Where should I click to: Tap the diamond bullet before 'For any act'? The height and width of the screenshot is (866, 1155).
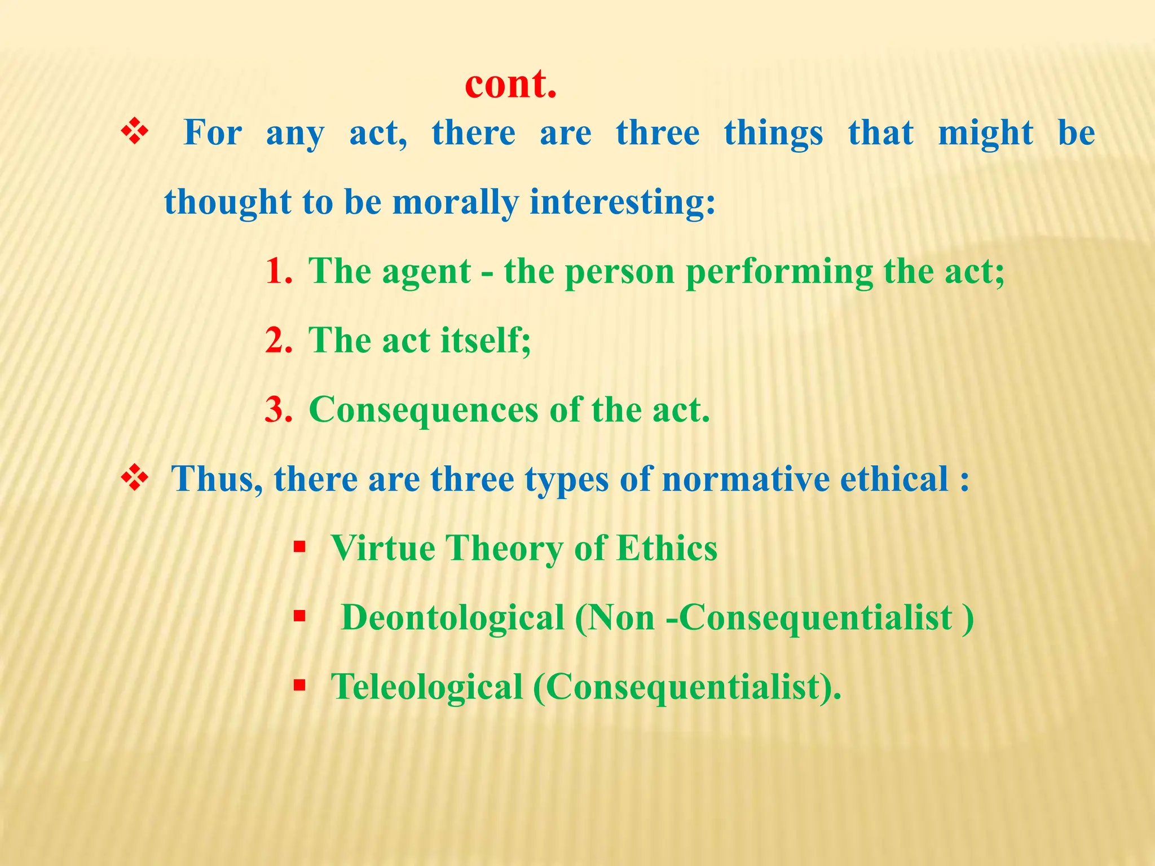[x=135, y=133]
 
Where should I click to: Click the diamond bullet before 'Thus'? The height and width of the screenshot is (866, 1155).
[x=135, y=479]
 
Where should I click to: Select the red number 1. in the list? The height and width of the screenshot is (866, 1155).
[x=279, y=272]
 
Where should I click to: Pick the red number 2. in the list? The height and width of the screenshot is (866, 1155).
[x=279, y=341]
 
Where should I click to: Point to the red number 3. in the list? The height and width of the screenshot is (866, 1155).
[x=279, y=410]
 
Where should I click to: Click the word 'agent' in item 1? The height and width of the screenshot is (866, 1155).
[x=426, y=273]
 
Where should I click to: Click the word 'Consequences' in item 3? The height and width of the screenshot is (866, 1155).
[x=424, y=410]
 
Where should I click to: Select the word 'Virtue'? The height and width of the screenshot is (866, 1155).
[x=383, y=548]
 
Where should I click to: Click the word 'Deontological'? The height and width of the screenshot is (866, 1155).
[x=453, y=618]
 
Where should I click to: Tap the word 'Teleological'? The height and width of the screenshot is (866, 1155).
[x=427, y=687]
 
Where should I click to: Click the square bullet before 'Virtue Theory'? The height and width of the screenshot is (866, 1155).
[x=299, y=546]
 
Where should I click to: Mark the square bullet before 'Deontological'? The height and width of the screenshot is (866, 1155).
[x=299, y=616]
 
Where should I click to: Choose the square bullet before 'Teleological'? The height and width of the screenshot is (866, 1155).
[x=299, y=686]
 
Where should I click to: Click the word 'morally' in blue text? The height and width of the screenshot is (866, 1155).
[x=455, y=203]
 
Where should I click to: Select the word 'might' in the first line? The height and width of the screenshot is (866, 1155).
[x=985, y=134]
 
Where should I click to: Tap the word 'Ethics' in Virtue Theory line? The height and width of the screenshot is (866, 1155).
[x=667, y=548]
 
